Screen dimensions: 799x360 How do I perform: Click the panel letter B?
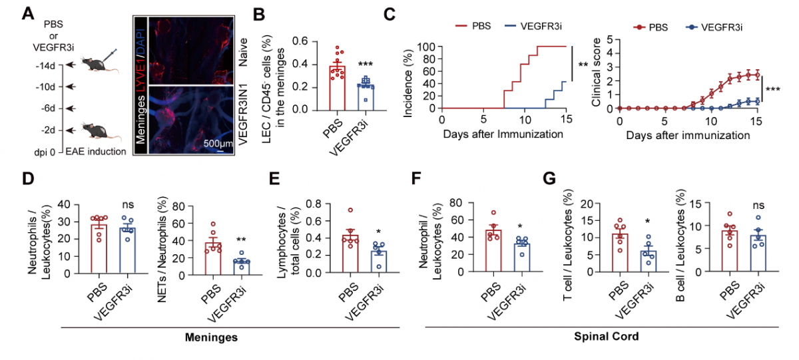point(259,15)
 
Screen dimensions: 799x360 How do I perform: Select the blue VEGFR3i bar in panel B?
point(366,97)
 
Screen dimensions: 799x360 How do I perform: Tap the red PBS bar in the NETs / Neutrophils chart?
point(213,259)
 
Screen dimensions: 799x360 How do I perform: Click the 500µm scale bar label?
point(218,143)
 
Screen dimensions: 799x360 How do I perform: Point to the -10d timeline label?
point(46,87)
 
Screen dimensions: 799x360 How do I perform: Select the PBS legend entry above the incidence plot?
point(473,26)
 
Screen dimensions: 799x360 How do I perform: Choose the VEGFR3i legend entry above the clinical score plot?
point(714,27)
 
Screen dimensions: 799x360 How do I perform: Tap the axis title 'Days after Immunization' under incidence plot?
point(503,134)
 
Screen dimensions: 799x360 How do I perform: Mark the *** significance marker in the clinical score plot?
point(772,89)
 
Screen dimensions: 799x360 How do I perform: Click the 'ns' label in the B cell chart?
point(758,206)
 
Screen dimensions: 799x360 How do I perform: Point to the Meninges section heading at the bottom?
point(211,337)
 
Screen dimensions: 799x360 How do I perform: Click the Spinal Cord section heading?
point(607,337)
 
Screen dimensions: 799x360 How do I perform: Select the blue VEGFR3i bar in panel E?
point(378,262)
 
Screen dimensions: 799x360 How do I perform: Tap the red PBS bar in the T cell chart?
point(620,253)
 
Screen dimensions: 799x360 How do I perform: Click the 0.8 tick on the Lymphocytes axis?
point(314,204)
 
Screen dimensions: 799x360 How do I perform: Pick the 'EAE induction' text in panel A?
point(96,152)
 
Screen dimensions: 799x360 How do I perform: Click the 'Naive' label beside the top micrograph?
point(242,53)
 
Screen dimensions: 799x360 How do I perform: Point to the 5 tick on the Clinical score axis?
point(610,39)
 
